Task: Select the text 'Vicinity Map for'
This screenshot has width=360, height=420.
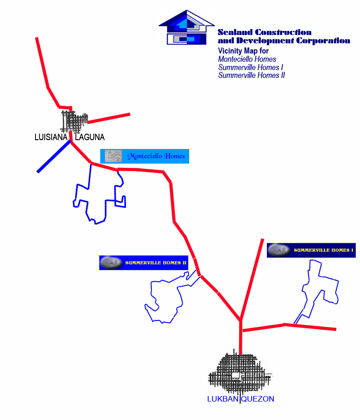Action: (x=243, y=51)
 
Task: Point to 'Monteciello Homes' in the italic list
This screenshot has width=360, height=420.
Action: (x=247, y=59)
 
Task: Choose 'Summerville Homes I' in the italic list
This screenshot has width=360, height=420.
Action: (x=251, y=67)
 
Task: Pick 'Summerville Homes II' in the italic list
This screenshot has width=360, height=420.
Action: (x=252, y=75)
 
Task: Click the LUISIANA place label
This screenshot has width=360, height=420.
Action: (x=51, y=137)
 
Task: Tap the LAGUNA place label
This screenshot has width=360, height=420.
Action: (x=90, y=137)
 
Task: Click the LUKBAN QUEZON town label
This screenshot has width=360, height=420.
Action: (x=240, y=399)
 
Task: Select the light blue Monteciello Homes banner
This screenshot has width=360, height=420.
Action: (x=144, y=156)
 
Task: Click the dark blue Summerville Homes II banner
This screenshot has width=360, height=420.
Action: (x=144, y=263)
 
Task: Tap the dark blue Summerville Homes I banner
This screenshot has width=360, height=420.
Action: (x=312, y=250)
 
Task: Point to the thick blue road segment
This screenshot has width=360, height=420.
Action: (x=54, y=157)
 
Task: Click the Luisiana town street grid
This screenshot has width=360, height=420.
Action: (x=74, y=121)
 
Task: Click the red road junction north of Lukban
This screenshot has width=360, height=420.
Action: (x=240, y=320)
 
